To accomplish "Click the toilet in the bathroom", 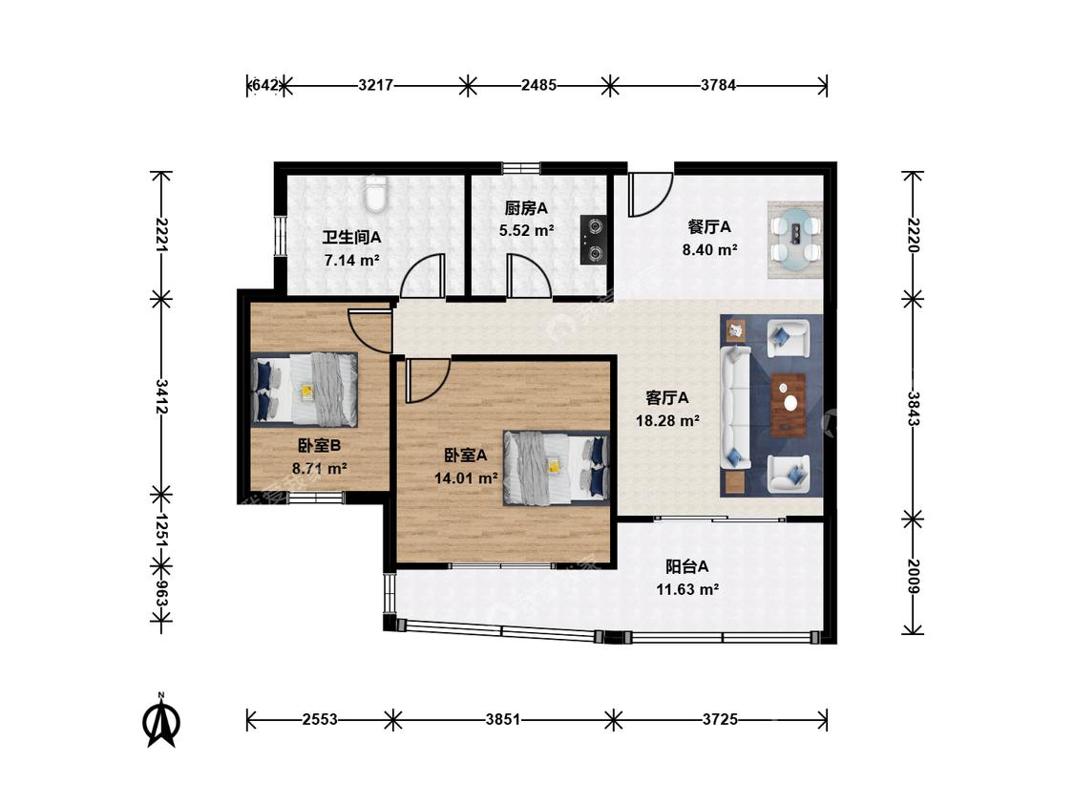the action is [374, 193].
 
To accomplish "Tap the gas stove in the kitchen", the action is [594, 239].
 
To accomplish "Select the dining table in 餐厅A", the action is [796, 239].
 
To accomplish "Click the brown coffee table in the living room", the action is [789, 405].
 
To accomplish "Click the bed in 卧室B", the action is [305, 389].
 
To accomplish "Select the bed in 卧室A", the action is [556, 468].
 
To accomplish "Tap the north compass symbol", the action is [161, 720].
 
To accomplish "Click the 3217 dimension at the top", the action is [375, 86].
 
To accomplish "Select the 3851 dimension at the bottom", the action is [503, 720].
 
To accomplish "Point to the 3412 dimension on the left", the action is [161, 397].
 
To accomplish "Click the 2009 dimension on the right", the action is [914, 577].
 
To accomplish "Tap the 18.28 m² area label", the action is [667, 421].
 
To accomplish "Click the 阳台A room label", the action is [686, 567].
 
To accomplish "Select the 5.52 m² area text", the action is [526, 231].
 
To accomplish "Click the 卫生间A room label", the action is [351, 237].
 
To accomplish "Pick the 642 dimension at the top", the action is [264, 86].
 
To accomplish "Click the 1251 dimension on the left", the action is [161, 530].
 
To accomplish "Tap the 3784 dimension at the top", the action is [718, 86].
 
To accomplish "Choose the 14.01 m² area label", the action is [466, 477].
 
